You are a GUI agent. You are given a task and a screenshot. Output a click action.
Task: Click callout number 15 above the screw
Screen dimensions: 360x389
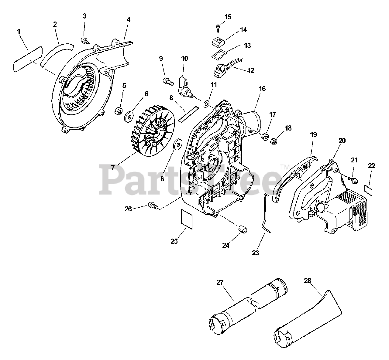point(228,17)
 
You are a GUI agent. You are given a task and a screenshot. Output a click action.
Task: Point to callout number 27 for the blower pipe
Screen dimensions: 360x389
point(220,282)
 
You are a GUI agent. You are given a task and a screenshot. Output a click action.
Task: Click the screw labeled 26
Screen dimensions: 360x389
point(153,206)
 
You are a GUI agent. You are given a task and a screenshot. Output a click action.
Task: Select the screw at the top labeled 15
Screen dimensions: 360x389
point(219,27)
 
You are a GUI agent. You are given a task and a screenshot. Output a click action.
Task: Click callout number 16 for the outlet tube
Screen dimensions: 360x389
point(262,89)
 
